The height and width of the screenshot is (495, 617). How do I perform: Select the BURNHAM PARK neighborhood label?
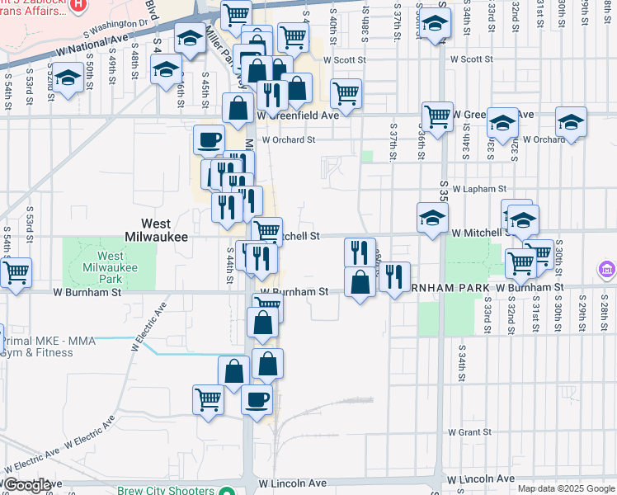(x=437, y=290)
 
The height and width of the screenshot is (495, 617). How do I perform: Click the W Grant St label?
(x=469, y=431)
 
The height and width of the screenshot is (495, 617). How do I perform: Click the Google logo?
(x=27, y=484)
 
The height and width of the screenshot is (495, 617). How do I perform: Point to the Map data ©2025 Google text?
(x=565, y=488)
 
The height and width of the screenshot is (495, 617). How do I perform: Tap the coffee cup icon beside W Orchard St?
(x=209, y=139)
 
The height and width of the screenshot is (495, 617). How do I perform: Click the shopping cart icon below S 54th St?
(x=16, y=271)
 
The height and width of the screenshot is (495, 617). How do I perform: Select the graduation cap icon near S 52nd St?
(x=68, y=78)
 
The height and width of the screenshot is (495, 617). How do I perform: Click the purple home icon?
(x=606, y=270)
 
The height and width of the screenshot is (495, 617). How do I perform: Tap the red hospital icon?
(x=78, y=4)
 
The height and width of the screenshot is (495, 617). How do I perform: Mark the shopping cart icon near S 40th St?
(x=346, y=93)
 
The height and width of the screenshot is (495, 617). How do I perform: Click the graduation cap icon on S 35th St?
(x=431, y=218)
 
